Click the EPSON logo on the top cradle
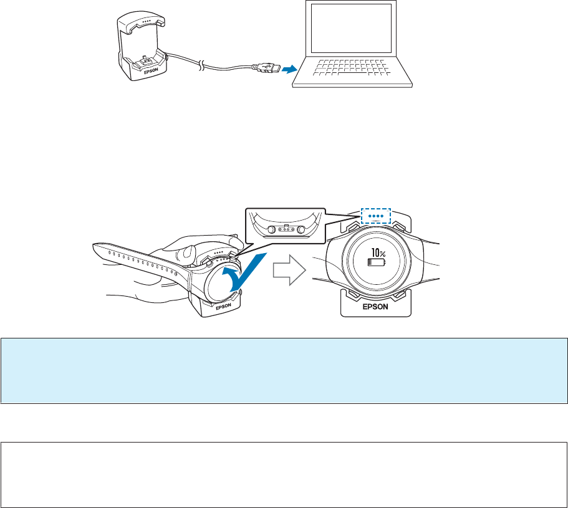tap(151, 72)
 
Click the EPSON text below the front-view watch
tap(376, 307)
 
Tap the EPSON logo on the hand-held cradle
tap(223, 307)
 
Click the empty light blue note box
tap(284, 370)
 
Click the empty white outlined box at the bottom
tap(284, 466)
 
